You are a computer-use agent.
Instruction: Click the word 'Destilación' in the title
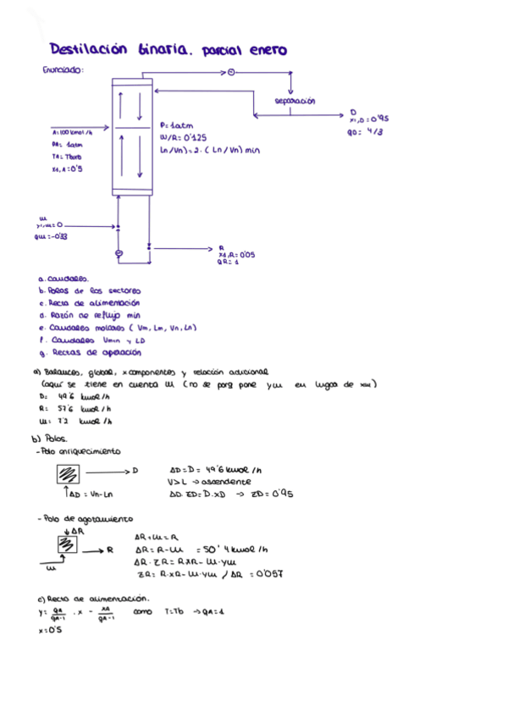pyautogui.click(x=86, y=50)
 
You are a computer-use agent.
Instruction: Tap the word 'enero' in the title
pyautogui.click(x=267, y=50)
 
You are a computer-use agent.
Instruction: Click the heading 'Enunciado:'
pyautogui.click(x=63, y=70)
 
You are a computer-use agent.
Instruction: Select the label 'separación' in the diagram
pyautogui.click(x=295, y=101)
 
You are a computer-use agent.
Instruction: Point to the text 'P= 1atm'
pyautogui.click(x=176, y=124)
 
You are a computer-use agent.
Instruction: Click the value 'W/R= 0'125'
pyautogui.click(x=182, y=136)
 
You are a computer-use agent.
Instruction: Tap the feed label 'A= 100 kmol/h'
pyautogui.click(x=71, y=133)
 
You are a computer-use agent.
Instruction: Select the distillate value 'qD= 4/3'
pyautogui.click(x=365, y=132)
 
